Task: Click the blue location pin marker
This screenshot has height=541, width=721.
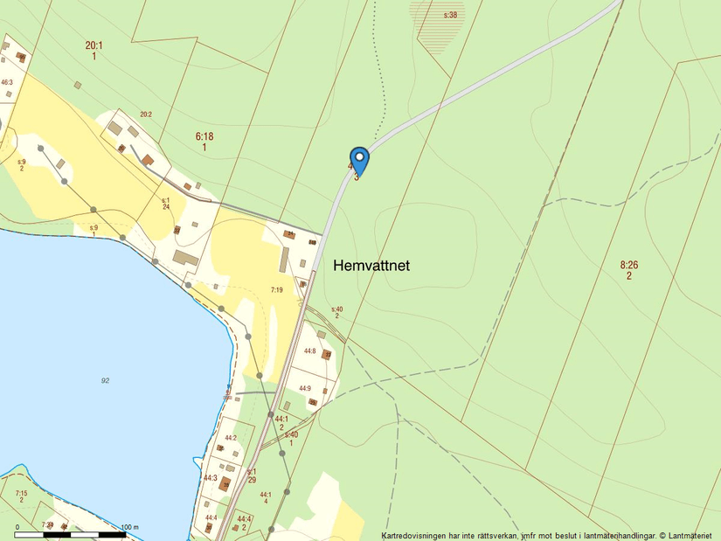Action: [x=358, y=160]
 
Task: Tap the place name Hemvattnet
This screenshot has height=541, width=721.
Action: [x=371, y=266]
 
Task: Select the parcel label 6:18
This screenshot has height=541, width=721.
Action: [x=205, y=136]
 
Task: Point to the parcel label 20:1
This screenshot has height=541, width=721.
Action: [x=94, y=45]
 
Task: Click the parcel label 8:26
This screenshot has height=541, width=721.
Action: [x=629, y=265]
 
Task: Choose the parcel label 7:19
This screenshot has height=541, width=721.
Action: [x=276, y=289]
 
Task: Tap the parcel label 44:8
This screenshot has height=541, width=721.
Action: [x=309, y=351]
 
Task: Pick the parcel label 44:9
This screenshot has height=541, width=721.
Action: [x=305, y=388]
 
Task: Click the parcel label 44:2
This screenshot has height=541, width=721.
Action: [x=231, y=438]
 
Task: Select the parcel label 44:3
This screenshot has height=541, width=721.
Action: [x=211, y=478]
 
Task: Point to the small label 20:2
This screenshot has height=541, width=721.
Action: [x=145, y=114]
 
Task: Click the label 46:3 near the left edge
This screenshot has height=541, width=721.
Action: [x=7, y=82]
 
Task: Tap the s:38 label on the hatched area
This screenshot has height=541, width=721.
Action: [x=450, y=16]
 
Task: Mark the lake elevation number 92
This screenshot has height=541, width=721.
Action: [x=105, y=380]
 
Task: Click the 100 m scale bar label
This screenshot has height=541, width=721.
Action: [x=130, y=527]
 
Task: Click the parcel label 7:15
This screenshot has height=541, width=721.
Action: [x=21, y=494]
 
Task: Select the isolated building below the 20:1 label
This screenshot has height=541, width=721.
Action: [x=78, y=85]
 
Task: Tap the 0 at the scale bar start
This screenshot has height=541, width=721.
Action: [x=17, y=527]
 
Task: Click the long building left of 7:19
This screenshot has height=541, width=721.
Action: [x=184, y=258]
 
